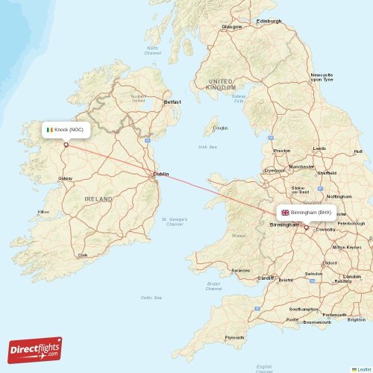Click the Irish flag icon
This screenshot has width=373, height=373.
[x=50, y=130]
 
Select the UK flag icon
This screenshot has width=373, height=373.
[x=285, y=213]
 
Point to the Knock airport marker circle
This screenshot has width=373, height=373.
[x=66, y=145]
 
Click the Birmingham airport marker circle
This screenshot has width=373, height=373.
[x=306, y=228]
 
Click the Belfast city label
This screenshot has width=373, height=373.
[x=172, y=101]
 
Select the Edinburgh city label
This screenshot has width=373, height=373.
[x=269, y=21]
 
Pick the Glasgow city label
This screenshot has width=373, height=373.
[x=232, y=27]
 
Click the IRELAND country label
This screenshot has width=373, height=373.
[x=98, y=199]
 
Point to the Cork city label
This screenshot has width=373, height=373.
[x=83, y=254]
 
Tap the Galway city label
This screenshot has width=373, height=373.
[x=66, y=178]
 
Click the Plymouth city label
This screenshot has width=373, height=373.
[x=234, y=337]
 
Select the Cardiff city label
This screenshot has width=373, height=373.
[x=266, y=278]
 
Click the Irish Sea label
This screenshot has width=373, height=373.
[x=207, y=147]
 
